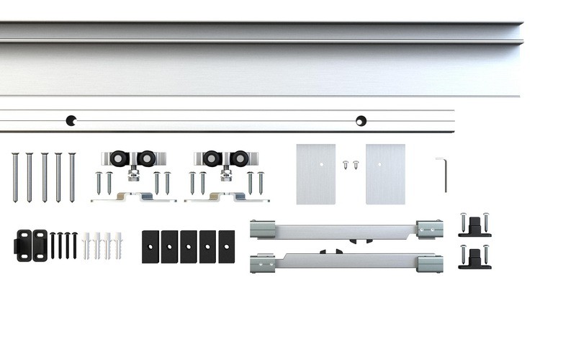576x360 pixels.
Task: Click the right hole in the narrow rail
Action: click(x=361, y=120)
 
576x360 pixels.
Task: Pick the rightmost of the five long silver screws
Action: click(x=72, y=176)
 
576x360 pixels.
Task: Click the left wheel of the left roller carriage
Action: click(x=115, y=158)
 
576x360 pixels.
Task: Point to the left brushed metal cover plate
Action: click(x=315, y=174)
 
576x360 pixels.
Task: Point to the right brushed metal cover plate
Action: click(x=385, y=174)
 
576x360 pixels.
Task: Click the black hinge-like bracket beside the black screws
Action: click(x=31, y=245)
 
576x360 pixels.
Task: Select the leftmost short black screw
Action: click(x=53, y=245)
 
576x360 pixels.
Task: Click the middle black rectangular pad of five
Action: click(x=189, y=246)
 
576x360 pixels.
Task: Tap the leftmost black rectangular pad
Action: click(x=151, y=246)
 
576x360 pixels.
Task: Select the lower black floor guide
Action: click(x=473, y=257)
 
